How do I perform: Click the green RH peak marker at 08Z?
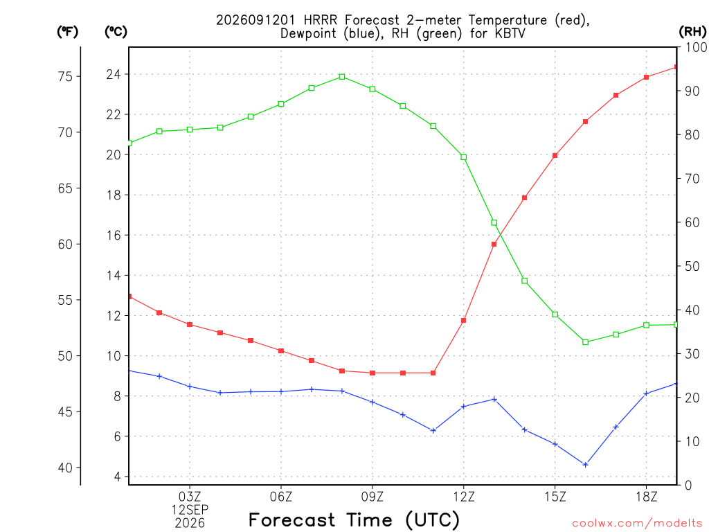point(342,77)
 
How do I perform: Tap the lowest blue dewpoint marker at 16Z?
point(586,465)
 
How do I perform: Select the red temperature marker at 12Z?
point(463,321)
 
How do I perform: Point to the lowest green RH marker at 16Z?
point(586,342)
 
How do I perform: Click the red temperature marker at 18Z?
point(647,78)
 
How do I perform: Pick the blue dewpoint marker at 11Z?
point(433,431)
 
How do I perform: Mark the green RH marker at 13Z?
point(494,222)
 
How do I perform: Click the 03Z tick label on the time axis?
point(190,497)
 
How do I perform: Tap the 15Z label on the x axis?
point(555,497)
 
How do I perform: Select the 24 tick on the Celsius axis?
point(114,74)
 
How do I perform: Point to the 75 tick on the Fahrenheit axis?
point(66,76)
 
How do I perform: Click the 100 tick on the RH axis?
point(695,47)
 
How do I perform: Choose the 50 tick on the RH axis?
point(692,266)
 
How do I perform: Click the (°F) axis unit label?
point(67,32)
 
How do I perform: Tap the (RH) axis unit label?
point(692,32)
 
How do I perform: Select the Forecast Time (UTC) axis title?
point(354,520)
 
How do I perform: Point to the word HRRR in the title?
point(321,20)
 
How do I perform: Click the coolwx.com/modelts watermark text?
point(637,524)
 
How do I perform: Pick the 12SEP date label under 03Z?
point(190,510)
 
